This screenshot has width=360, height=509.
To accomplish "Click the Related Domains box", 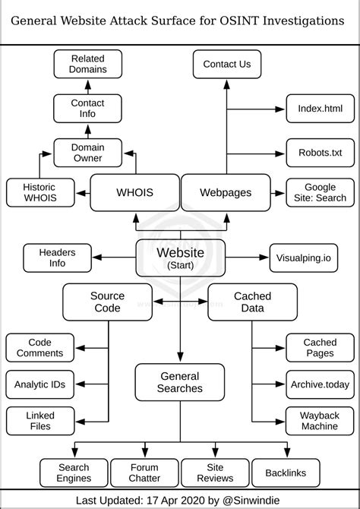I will (87, 64).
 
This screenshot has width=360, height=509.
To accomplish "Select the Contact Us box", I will (226, 64).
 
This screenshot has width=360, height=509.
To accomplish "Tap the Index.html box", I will (320, 109).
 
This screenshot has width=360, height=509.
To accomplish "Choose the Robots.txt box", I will (320, 153).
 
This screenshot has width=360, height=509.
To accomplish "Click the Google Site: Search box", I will (320, 193).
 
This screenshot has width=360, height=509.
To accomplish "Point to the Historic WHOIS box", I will (40, 193).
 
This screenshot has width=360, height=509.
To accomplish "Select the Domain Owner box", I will (87, 153).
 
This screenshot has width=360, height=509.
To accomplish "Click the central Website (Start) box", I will (180, 258).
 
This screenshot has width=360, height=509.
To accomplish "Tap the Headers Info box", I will (57, 258).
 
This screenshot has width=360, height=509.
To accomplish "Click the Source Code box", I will (107, 302).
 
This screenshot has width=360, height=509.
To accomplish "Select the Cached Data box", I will (248, 302).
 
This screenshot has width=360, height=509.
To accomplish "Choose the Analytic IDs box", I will (40, 384).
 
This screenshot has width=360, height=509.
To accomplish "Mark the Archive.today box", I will (320, 384).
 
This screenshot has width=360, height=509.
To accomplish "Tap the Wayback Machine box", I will (320, 420).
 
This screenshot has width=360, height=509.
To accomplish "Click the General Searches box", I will (180, 382).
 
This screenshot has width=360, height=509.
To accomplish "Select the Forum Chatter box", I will (144, 473).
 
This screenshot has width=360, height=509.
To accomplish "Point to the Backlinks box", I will (286, 473).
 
